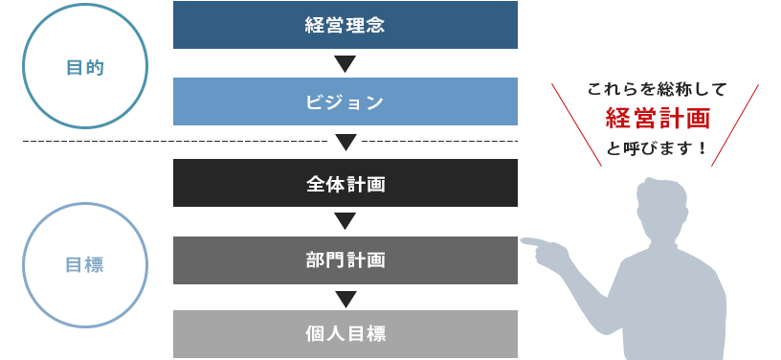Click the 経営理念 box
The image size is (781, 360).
(x=346, y=25)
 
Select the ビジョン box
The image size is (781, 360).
(x=346, y=101)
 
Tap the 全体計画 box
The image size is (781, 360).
(x=346, y=183)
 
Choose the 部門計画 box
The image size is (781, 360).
(x=346, y=259)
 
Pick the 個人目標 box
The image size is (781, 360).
(x=346, y=334)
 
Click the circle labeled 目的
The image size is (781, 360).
(x=85, y=67)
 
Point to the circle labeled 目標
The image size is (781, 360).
(x=85, y=265)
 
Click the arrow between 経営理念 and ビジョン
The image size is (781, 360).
(x=346, y=64)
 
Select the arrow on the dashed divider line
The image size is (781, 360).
(x=346, y=142)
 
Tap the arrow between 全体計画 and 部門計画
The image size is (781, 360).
(x=346, y=221)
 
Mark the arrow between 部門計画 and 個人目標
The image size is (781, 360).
(x=346, y=298)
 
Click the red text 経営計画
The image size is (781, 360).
(x=657, y=119)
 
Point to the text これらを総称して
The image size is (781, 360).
(x=657, y=89)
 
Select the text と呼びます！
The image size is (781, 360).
(x=657, y=148)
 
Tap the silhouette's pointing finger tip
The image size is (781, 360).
(x=524, y=240)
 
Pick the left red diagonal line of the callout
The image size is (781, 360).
(x=576, y=124)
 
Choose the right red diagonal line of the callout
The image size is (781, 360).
(x=735, y=124)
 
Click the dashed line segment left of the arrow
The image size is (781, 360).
(x=172, y=142)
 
